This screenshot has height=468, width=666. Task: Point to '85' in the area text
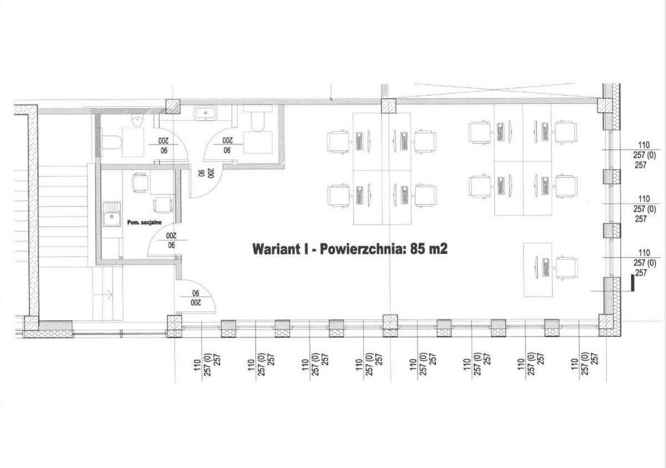click(x=418, y=249)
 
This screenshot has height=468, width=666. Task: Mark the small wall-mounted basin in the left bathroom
click(x=137, y=120)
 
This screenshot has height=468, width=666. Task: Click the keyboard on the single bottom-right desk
click(x=544, y=269)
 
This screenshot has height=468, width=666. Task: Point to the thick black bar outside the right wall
click(x=632, y=283)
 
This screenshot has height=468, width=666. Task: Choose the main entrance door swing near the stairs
click(x=195, y=297)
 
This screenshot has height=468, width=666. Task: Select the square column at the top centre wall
click(x=388, y=105)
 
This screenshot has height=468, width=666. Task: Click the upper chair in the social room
click(x=139, y=183)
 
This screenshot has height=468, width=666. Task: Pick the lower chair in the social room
click(x=163, y=205)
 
